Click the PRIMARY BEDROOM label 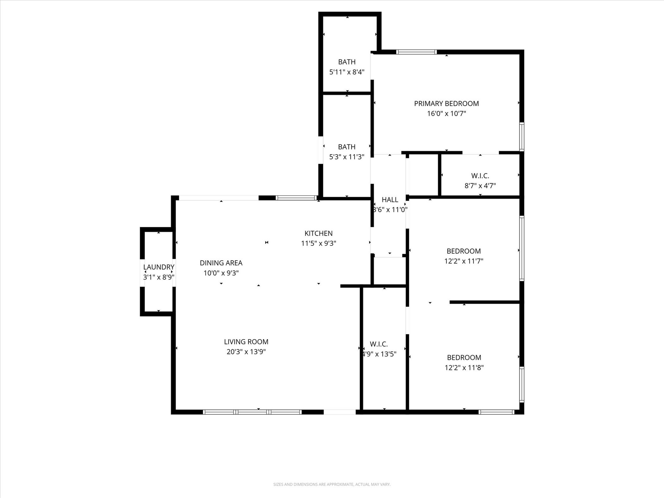tap(446, 103)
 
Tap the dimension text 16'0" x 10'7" tap(446, 113)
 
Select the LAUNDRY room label tap(159, 267)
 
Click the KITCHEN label tap(318, 233)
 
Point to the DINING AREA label tap(221, 263)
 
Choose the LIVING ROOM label tap(246, 341)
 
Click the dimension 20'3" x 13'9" tap(246, 351)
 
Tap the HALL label tap(390, 199)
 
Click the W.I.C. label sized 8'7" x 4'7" tap(480, 176)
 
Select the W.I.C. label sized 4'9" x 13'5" tap(379, 344)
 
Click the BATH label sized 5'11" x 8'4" tap(347, 62)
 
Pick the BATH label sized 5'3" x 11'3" tap(347, 147)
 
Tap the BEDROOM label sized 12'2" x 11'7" tap(464, 251)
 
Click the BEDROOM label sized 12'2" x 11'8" tap(464, 357)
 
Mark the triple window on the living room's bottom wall tap(252, 412)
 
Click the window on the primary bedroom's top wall tap(416, 52)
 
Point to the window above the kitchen tap(296, 198)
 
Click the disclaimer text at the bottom tap(332, 484)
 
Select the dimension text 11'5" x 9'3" tap(318, 243)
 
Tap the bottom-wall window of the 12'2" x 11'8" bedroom tap(496, 412)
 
